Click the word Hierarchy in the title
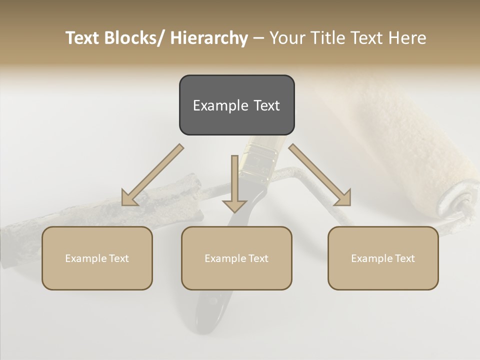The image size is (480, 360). click(209, 38)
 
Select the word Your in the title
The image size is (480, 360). click(287, 38)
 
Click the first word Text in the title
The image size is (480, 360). click(82, 38)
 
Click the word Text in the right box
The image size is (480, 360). click(404, 258)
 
